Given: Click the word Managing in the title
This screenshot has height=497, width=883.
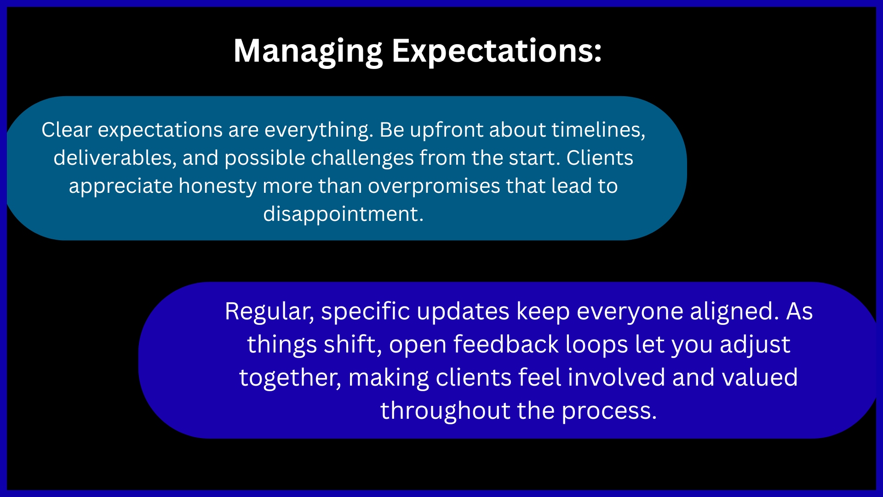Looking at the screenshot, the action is [308, 52].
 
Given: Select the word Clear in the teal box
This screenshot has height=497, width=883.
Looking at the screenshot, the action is [67, 130].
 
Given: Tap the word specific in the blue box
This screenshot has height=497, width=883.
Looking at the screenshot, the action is [366, 312].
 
